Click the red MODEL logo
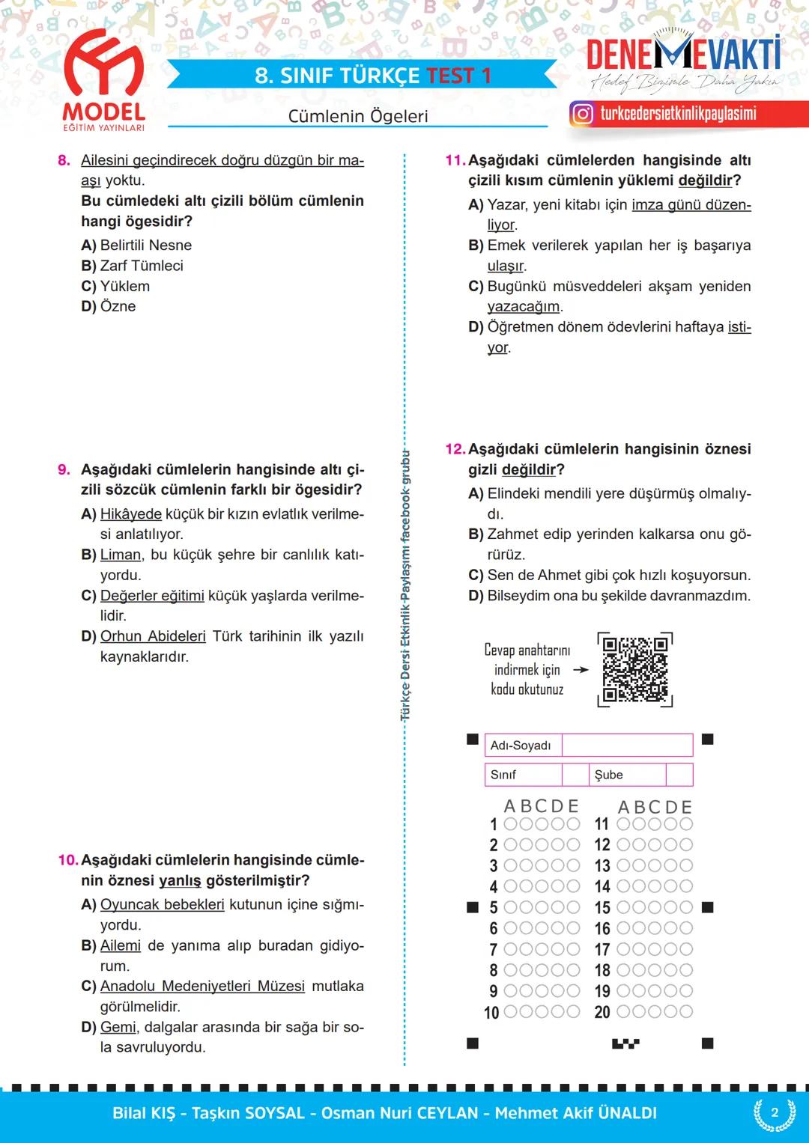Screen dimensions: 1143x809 [x=103, y=79]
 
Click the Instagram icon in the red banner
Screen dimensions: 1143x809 [x=582, y=114]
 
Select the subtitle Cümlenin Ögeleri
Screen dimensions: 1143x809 [x=358, y=116]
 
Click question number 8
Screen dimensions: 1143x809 [x=64, y=160]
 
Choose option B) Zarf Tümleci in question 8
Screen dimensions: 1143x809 [x=133, y=266]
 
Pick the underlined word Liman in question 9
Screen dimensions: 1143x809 [x=121, y=555]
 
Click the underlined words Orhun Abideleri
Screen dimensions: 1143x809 [x=153, y=636]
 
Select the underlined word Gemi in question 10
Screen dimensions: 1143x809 [x=118, y=1027]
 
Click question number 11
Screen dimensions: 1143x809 [x=455, y=160]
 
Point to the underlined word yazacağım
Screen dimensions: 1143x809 [x=524, y=306]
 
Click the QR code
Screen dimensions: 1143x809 [x=634, y=669]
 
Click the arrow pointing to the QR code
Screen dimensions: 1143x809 [x=581, y=670]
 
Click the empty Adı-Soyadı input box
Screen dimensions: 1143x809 [x=627, y=745]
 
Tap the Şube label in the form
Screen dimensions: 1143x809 [x=609, y=775]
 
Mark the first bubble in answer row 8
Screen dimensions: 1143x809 [x=511, y=970]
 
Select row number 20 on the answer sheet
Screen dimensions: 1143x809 [x=602, y=1012]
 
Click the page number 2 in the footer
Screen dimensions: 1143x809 [x=775, y=1112]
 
